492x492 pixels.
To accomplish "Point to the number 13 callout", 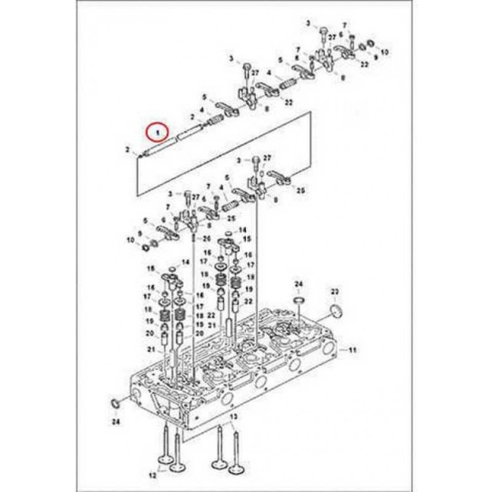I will click(x=233, y=417).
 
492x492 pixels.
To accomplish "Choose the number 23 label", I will click(x=334, y=291).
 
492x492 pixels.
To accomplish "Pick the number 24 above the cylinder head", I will click(x=297, y=284).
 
